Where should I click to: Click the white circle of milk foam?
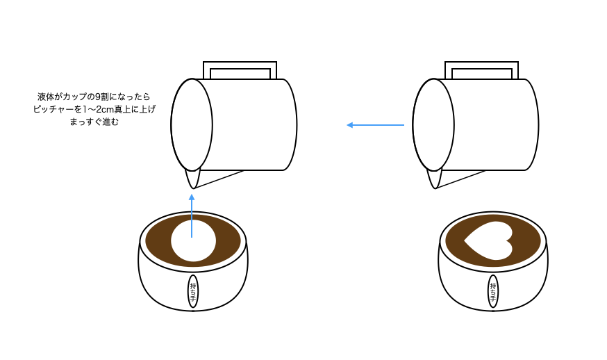tap(194, 240)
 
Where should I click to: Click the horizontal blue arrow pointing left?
tap(375, 125)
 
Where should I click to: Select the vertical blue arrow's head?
tap(192, 197)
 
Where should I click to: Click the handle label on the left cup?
tap(193, 291)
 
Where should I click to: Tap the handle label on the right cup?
tap(493, 291)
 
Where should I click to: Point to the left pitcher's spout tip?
tap(193, 188)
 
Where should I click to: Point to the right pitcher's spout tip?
tap(435, 188)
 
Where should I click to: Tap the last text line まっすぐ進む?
tap(94, 122)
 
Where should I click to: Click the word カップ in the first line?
tap(76, 97)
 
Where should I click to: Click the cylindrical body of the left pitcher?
tap(251, 124)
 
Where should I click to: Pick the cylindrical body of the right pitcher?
tap(494, 124)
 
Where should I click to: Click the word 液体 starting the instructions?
tap(46, 97)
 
